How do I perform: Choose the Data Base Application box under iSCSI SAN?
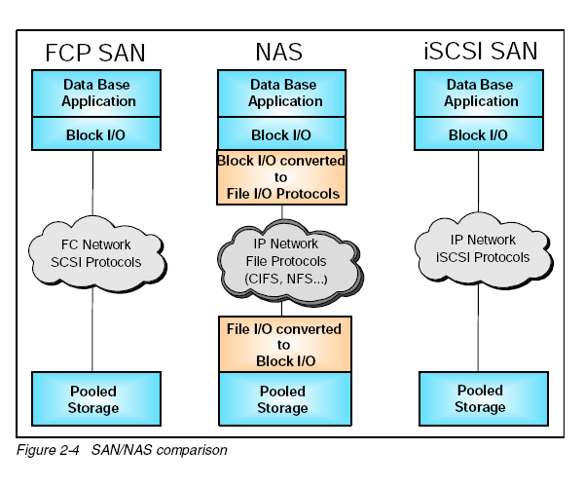[479, 93]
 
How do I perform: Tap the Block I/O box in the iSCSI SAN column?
[479, 134]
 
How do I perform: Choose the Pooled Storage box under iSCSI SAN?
[479, 398]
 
